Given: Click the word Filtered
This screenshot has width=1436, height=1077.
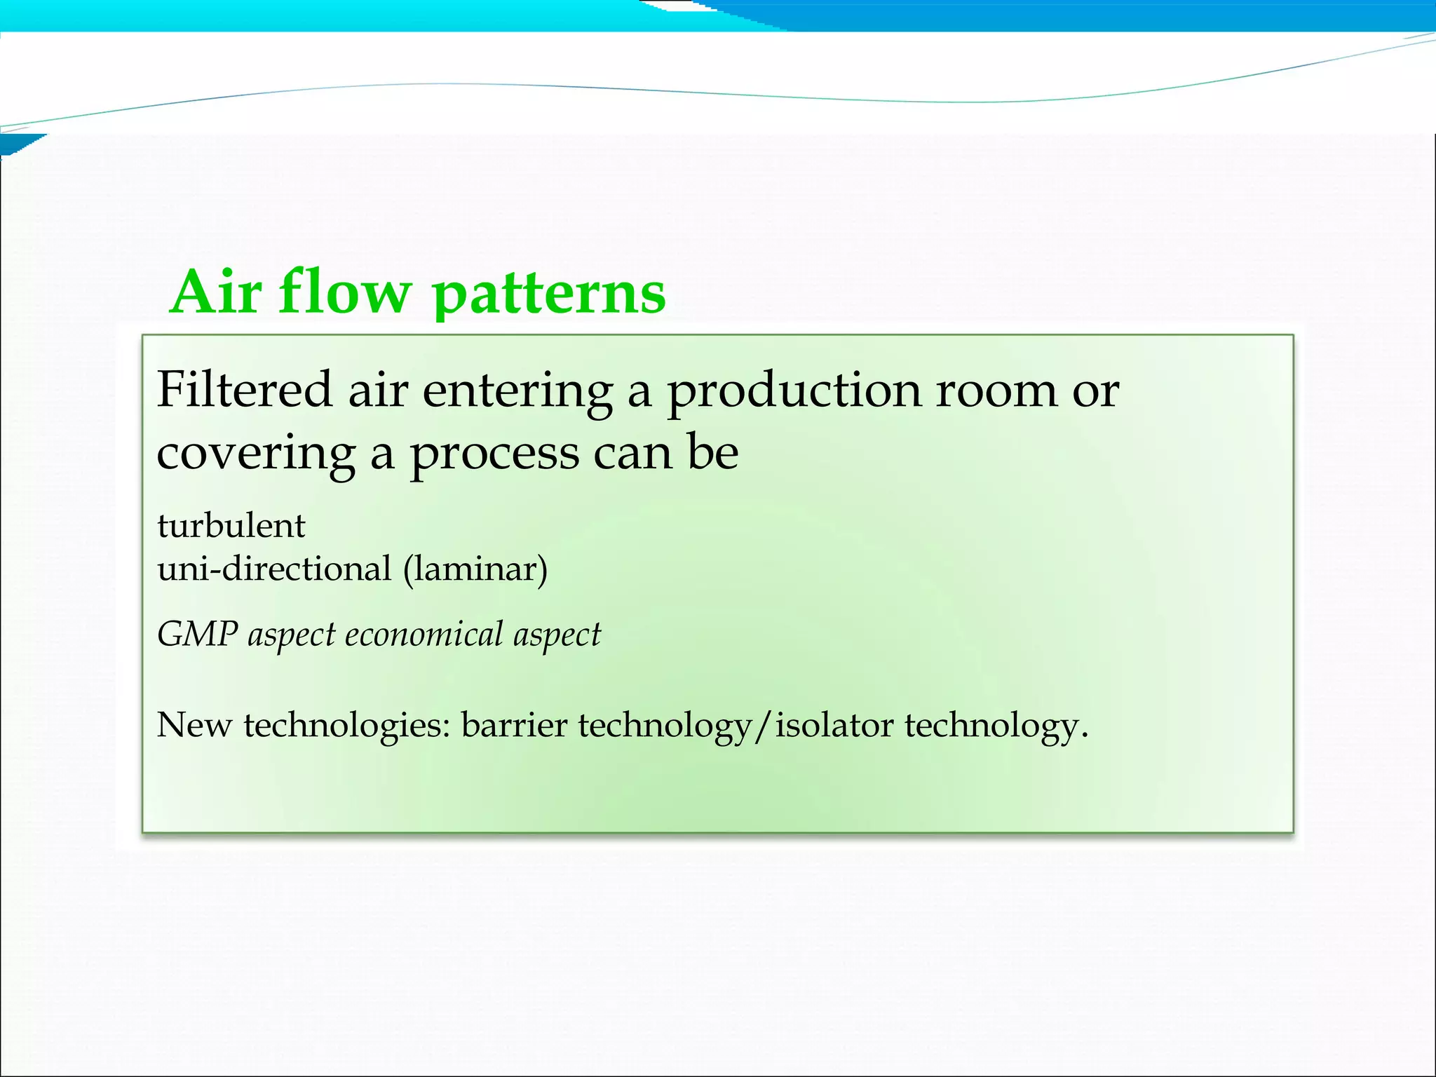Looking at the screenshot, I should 244,390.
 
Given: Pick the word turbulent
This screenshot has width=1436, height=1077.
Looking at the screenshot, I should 231,526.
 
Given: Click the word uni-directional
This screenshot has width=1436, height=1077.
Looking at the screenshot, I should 274,569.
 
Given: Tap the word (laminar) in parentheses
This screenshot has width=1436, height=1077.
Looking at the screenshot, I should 475,569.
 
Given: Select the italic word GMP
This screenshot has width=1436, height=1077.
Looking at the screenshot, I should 197,635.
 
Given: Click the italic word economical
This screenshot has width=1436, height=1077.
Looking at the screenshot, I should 424,635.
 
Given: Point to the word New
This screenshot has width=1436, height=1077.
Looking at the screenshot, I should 194,725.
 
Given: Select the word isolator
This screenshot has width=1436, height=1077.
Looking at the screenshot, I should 834,725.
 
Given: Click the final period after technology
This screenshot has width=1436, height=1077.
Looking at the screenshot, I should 1084,736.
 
